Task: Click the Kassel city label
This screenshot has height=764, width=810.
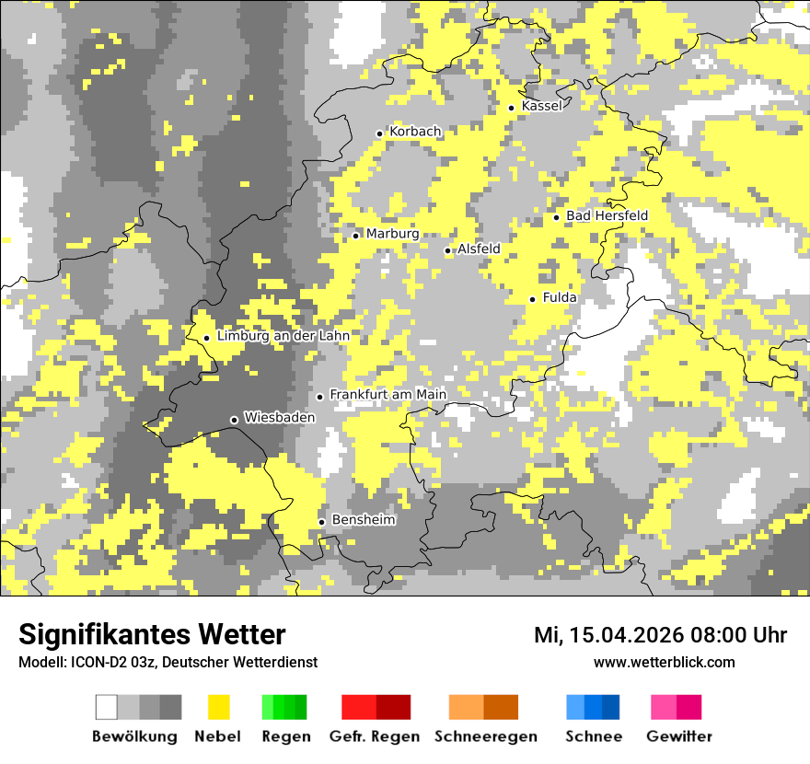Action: [x=541, y=106]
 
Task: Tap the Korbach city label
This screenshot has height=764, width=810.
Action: [x=415, y=132]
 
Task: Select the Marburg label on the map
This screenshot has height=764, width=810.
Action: [x=392, y=234]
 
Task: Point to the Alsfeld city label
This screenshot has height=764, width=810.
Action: [x=479, y=249]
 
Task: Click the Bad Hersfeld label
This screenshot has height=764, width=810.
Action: [x=607, y=215]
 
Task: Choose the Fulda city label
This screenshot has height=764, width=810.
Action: [x=560, y=297]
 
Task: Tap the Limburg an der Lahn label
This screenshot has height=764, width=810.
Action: [x=283, y=336]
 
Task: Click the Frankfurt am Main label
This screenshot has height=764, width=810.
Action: [x=388, y=394]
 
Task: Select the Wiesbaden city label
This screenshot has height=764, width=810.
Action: [x=279, y=417]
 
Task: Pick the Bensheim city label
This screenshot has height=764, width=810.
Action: [x=363, y=520]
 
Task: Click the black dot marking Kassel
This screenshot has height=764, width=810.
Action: [x=512, y=108]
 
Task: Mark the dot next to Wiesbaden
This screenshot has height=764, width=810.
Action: [x=234, y=420]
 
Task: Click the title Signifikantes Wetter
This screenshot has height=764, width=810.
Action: [x=152, y=634]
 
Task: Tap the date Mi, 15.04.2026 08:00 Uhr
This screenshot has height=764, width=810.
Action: [x=660, y=635]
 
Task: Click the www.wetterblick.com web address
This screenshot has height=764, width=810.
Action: [x=664, y=662]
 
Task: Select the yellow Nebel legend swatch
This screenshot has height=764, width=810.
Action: [x=218, y=707]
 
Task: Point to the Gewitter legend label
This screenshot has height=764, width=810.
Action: [x=678, y=736]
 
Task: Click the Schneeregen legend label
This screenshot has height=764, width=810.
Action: [x=485, y=736]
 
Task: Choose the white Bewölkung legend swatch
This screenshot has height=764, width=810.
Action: [x=107, y=707]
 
